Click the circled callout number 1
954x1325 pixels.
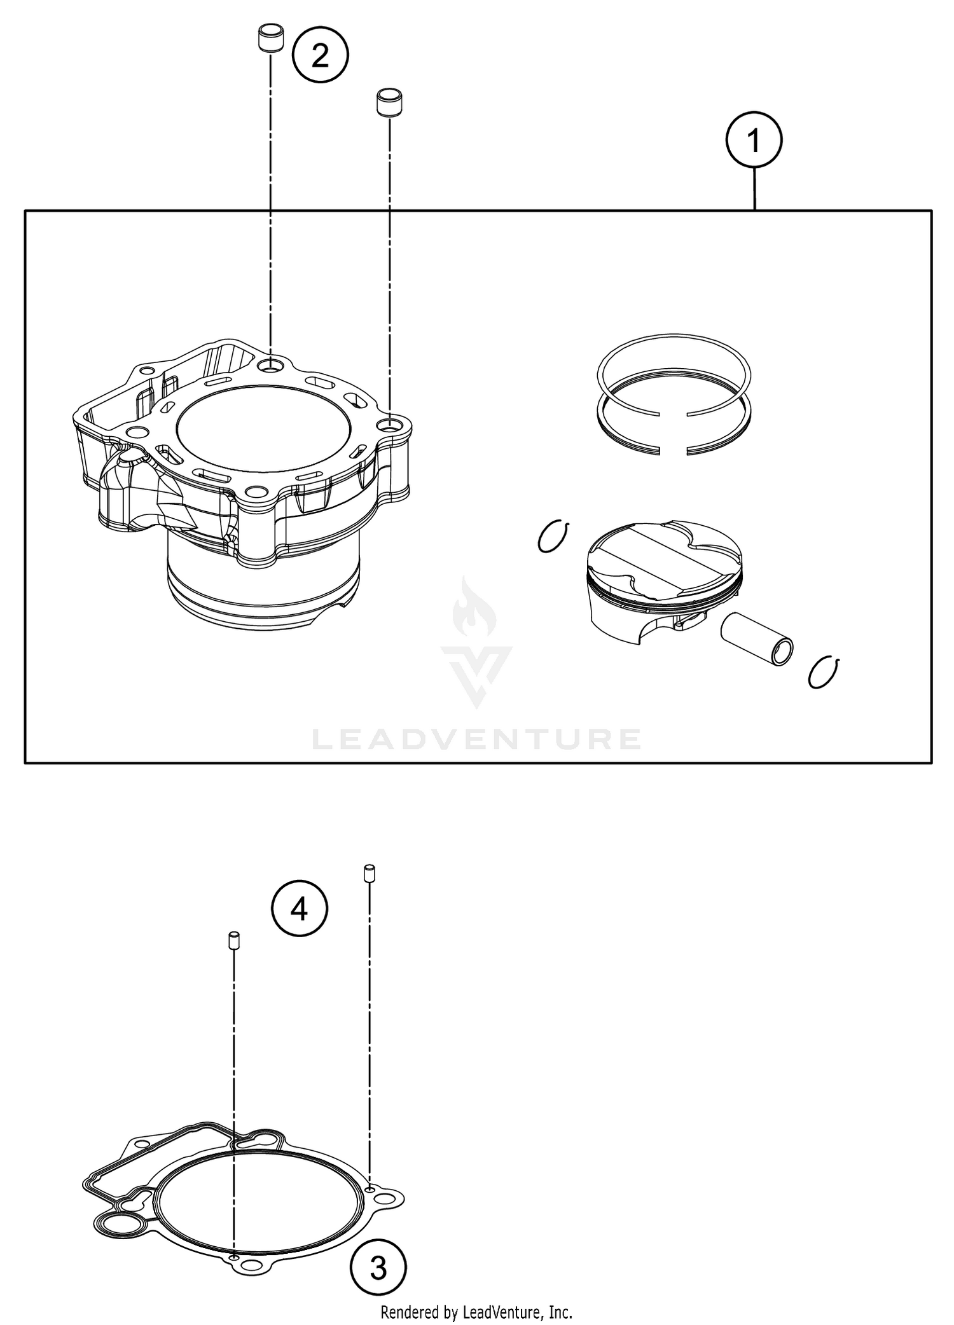pyautogui.click(x=754, y=141)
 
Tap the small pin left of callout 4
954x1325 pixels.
pyautogui.click(x=233, y=940)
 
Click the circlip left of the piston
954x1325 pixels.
pyautogui.click(x=552, y=537)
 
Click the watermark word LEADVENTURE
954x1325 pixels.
pyautogui.click(x=476, y=739)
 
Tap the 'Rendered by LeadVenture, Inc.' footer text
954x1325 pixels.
pyautogui.click(x=476, y=1312)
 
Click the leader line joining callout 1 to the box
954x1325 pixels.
pyautogui.click(x=754, y=189)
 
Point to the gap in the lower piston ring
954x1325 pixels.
pyautogui.click(x=673, y=451)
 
